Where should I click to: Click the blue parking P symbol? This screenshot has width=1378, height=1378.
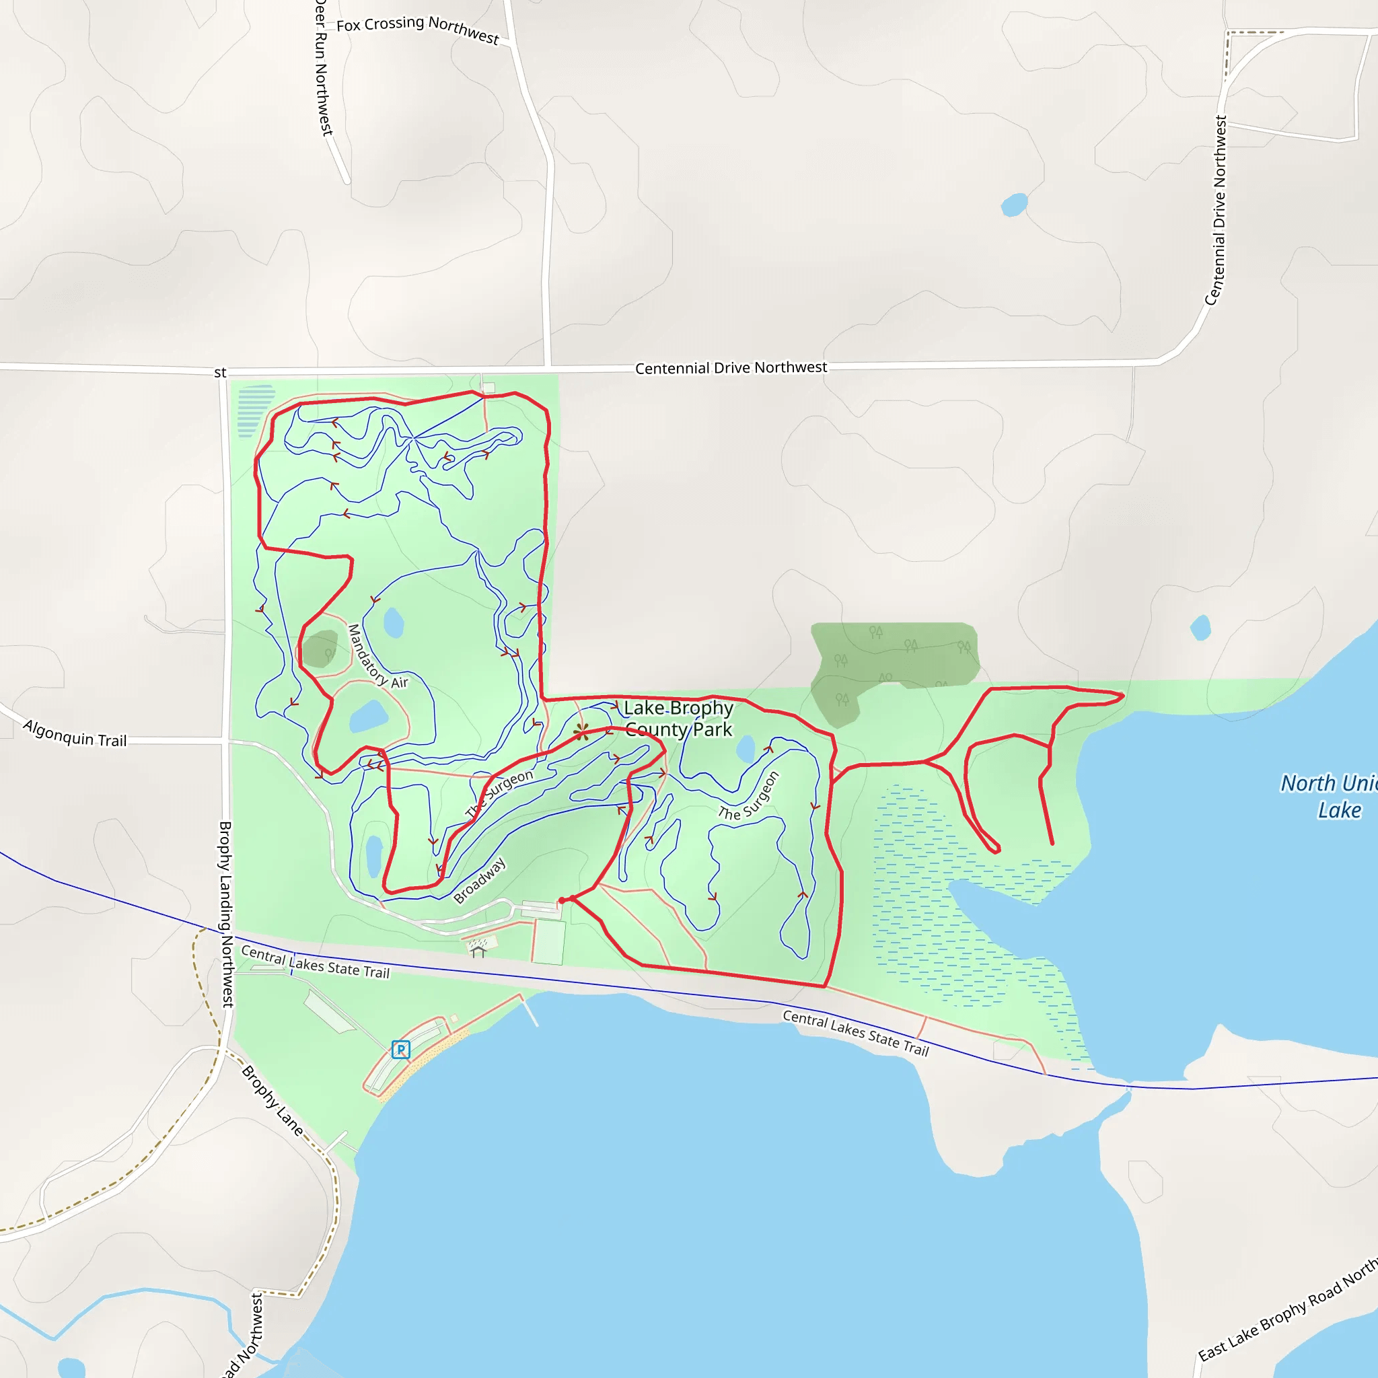[x=401, y=1049]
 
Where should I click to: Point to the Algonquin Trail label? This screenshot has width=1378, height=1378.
[x=75, y=733]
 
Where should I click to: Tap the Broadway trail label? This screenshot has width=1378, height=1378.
[x=479, y=879]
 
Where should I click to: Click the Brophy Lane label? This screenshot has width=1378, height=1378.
[x=273, y=1101]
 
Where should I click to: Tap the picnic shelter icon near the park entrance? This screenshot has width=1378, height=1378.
[x=478, y=951]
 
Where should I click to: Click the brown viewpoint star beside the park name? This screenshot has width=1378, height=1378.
[x=581, y=731]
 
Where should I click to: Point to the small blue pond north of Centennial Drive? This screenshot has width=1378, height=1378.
[x=1013, y=205]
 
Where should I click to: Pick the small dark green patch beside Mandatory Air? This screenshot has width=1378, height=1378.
[x=320, y=649]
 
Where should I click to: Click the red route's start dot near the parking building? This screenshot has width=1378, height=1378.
[x=562, y=901]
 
